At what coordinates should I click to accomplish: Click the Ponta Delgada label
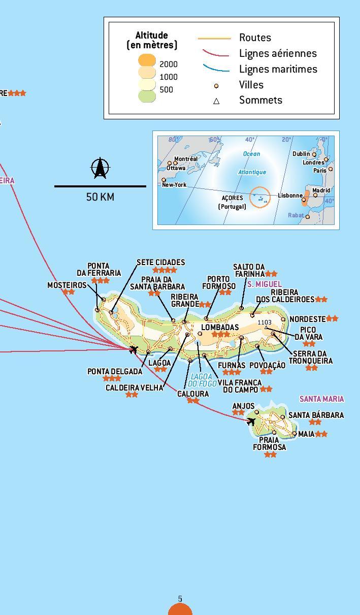tap(115, 372)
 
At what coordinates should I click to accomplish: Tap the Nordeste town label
tap(307, 319)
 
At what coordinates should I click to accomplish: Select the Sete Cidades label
tap(160, 263)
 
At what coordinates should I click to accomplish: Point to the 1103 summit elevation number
tap(265, 322)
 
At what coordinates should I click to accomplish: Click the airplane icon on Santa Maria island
tap(251, 421)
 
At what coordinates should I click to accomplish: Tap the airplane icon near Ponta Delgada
tap(133, 349)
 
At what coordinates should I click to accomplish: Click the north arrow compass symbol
tap(100, 169)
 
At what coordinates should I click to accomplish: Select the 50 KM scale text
tap(100, 197)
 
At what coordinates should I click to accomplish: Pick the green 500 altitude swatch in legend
tap(147, 95)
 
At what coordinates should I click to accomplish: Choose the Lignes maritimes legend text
tap(278, 69)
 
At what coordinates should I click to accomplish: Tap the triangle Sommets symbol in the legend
tap(216, 101)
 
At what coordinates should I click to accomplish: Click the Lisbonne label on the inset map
tap(290, 196)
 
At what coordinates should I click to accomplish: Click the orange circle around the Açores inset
tap(260, 197)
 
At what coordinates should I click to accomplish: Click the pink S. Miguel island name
tap(264, 284)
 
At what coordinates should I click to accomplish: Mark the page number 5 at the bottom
tap(180, 599)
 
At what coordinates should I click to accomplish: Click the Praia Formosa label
tap(269, 443)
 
